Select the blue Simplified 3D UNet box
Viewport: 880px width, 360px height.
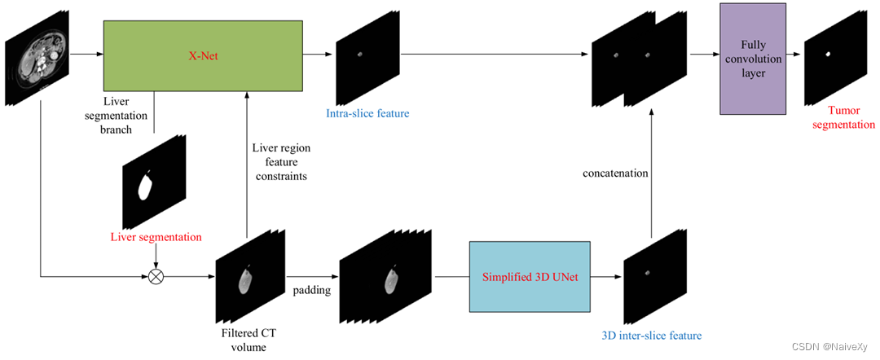point(530,277)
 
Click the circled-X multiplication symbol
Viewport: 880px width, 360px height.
point(156,276)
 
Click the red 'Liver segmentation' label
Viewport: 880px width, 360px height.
point(156,237)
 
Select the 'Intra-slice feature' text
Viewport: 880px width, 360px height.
point(367,113)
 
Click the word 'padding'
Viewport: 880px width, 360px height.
point(311,290)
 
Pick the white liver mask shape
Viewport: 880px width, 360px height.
point(146,187)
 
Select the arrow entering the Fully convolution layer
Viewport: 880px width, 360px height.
point(702,55)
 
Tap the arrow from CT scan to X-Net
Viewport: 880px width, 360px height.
point(86,55)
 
